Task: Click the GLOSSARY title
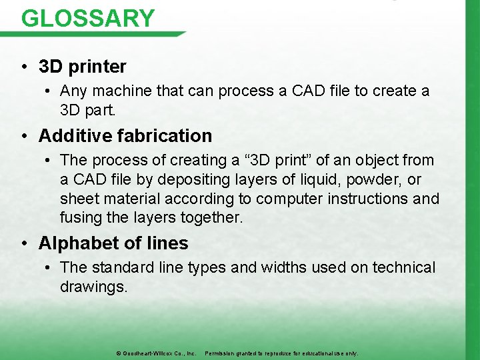(x=87, y=17)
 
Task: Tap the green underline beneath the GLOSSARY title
(x=100, y=34)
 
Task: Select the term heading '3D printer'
(x=82, y=67)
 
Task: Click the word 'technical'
(x=403, y=268)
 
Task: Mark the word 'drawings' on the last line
(x=91, y=287)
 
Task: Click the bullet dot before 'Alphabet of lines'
(x=24, y=244)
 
